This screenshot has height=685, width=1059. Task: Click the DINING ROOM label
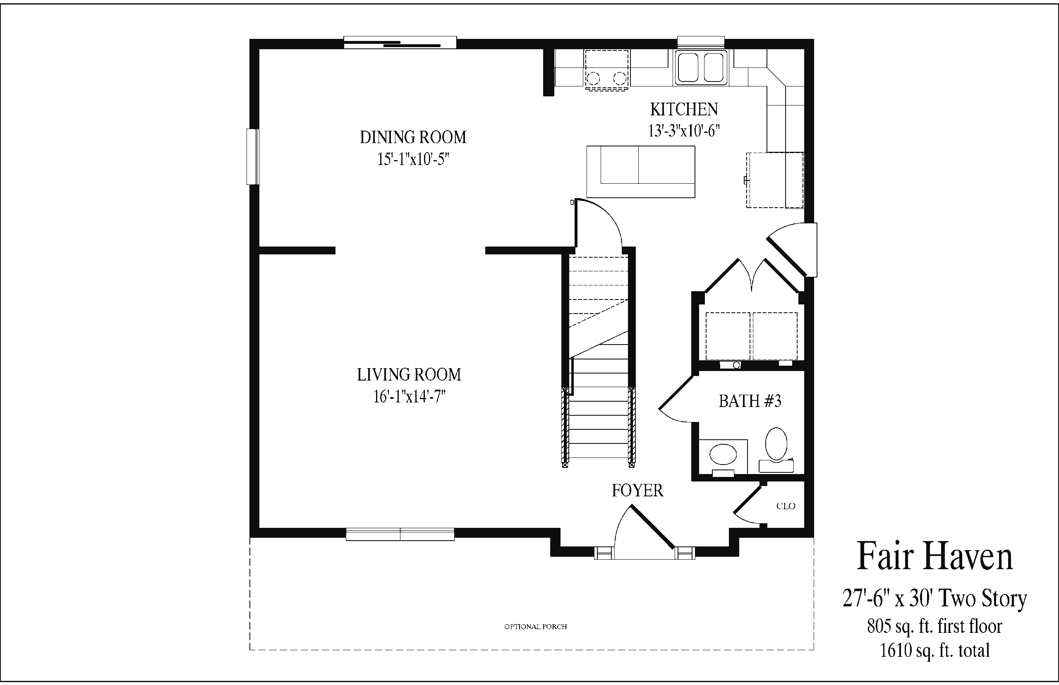point(413,137)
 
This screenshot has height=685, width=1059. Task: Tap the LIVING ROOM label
point(409,374)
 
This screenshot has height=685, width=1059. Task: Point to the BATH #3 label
point(750,401)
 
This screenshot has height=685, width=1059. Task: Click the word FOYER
point(637,491)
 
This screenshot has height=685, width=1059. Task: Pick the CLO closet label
point(786,506)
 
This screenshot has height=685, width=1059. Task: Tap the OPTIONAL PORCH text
point(536,627)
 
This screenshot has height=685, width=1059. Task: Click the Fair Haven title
point(934,556)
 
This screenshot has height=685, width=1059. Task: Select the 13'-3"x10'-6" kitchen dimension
point(684,131)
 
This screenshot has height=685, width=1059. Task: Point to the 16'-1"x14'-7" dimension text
point(409,396)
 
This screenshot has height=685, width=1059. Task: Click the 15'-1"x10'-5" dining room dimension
point(413,159)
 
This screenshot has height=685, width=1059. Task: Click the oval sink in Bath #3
point(723,455)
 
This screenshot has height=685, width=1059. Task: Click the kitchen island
point(640,172)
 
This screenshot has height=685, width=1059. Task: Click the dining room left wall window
point(253,157)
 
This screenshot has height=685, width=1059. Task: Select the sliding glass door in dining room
point(400,43)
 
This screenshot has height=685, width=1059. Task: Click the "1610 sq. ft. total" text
point(934,651)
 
